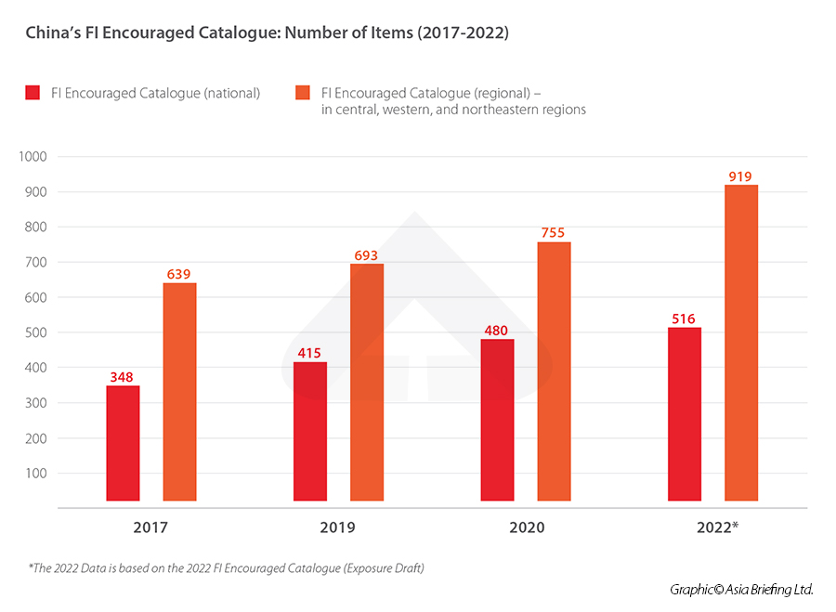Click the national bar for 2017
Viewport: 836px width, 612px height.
[123, 443]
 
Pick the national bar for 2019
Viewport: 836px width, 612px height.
[310, 431]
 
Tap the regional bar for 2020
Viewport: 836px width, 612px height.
[554, 371]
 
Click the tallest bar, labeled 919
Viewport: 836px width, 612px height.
[741, 343]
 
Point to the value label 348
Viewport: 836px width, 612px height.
[123, 376]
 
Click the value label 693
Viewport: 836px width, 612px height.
[366, 254]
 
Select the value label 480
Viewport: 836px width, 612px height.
[497, 330]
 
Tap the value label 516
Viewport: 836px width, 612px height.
[684, 319]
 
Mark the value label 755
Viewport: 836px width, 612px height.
[554, 232]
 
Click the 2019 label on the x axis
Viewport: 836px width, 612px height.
[338, 527]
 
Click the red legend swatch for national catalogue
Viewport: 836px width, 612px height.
[33, 93]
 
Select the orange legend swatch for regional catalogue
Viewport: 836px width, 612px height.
[302, 93]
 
